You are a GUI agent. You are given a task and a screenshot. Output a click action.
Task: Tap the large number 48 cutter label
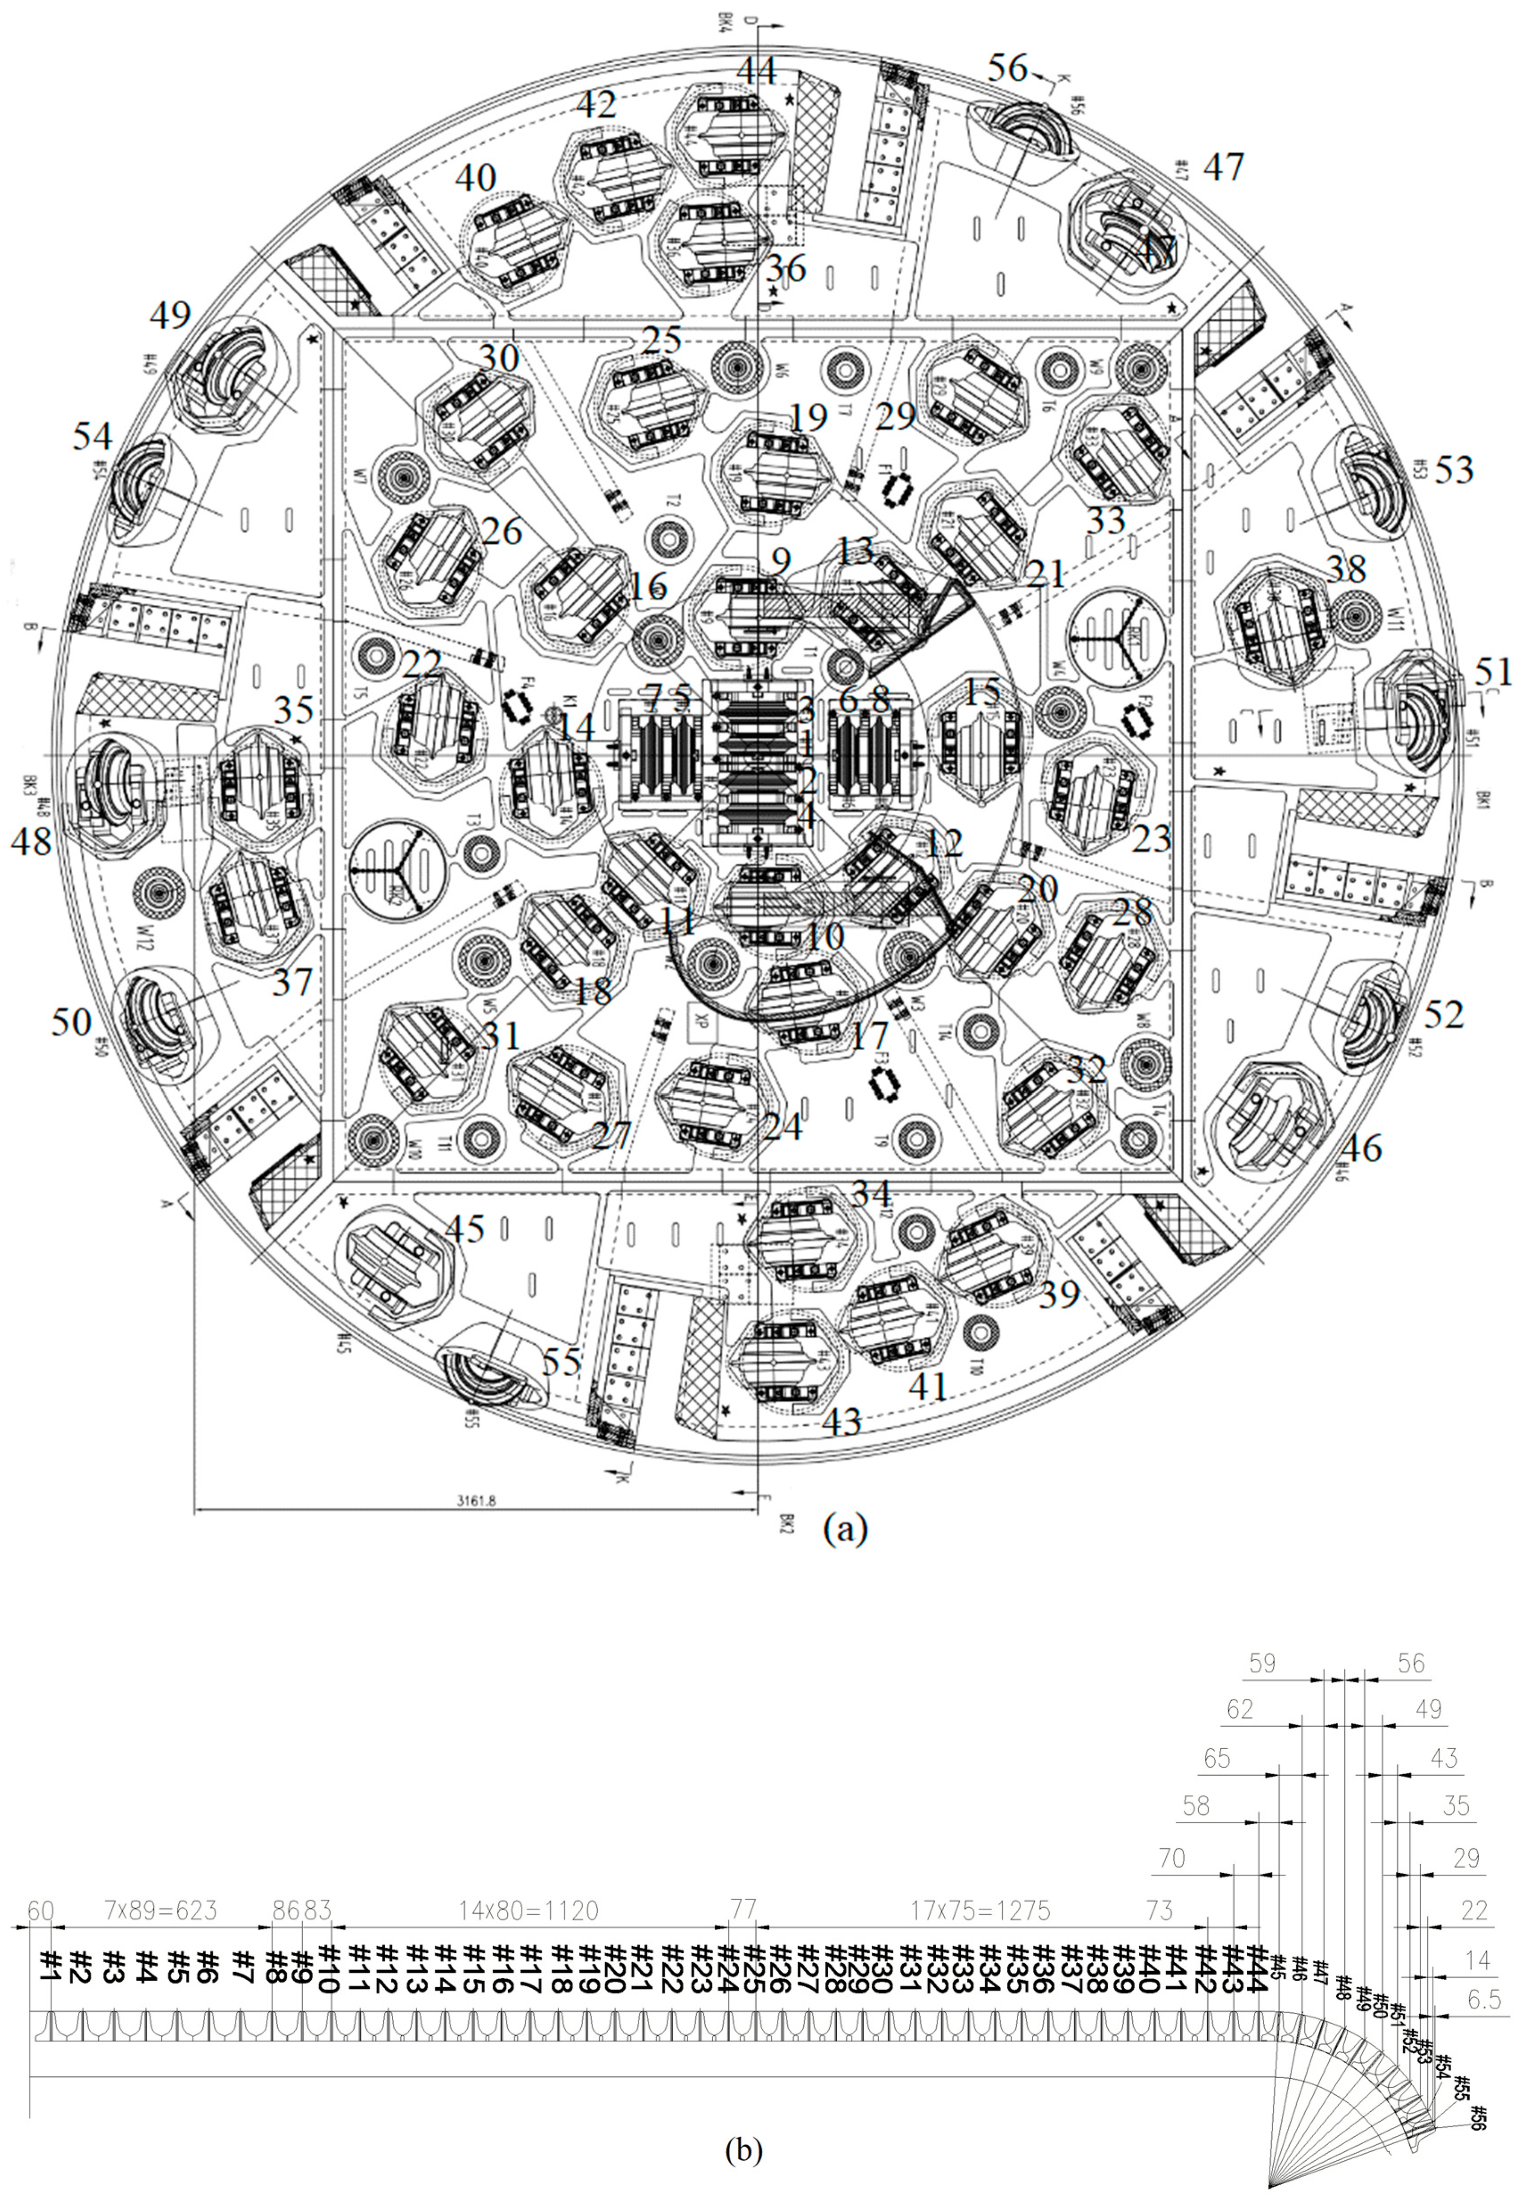click(x=31, y=840)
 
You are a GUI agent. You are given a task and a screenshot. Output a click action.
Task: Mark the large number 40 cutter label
click(x=475, y=177)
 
